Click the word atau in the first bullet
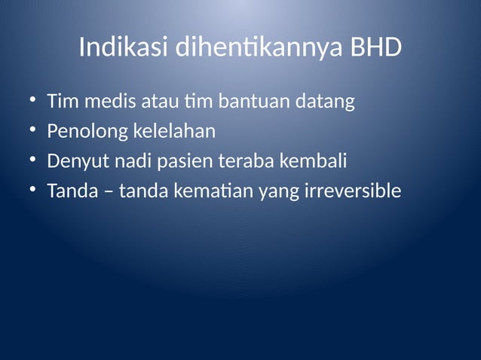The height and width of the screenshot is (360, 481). point(149,101)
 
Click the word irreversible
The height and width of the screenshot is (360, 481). point(352,191)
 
